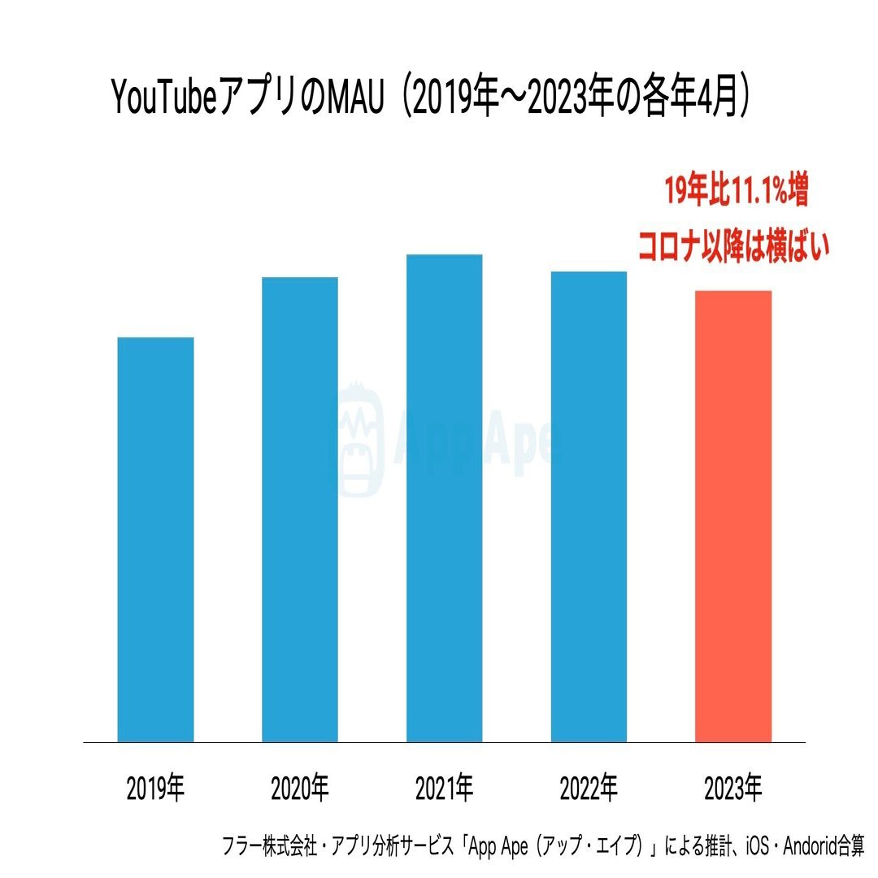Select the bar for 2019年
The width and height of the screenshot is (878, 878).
point(155,539)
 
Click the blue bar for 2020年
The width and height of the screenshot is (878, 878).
point(299,509)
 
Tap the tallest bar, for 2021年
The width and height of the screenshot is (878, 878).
point(444,498)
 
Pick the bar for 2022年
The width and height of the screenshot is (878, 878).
point(589,506)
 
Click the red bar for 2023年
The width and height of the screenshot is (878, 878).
point(733,516)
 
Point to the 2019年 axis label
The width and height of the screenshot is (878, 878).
point(155,788)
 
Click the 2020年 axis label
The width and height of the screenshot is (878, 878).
point(299,788)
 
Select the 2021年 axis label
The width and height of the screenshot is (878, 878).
point(444,788)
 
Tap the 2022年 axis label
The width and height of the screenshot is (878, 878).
point(589,788)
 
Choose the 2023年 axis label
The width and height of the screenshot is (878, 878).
point(733,788)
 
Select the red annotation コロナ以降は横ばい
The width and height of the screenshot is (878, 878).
point(734,246)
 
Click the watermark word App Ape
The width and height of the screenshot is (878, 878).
point(480,441)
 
